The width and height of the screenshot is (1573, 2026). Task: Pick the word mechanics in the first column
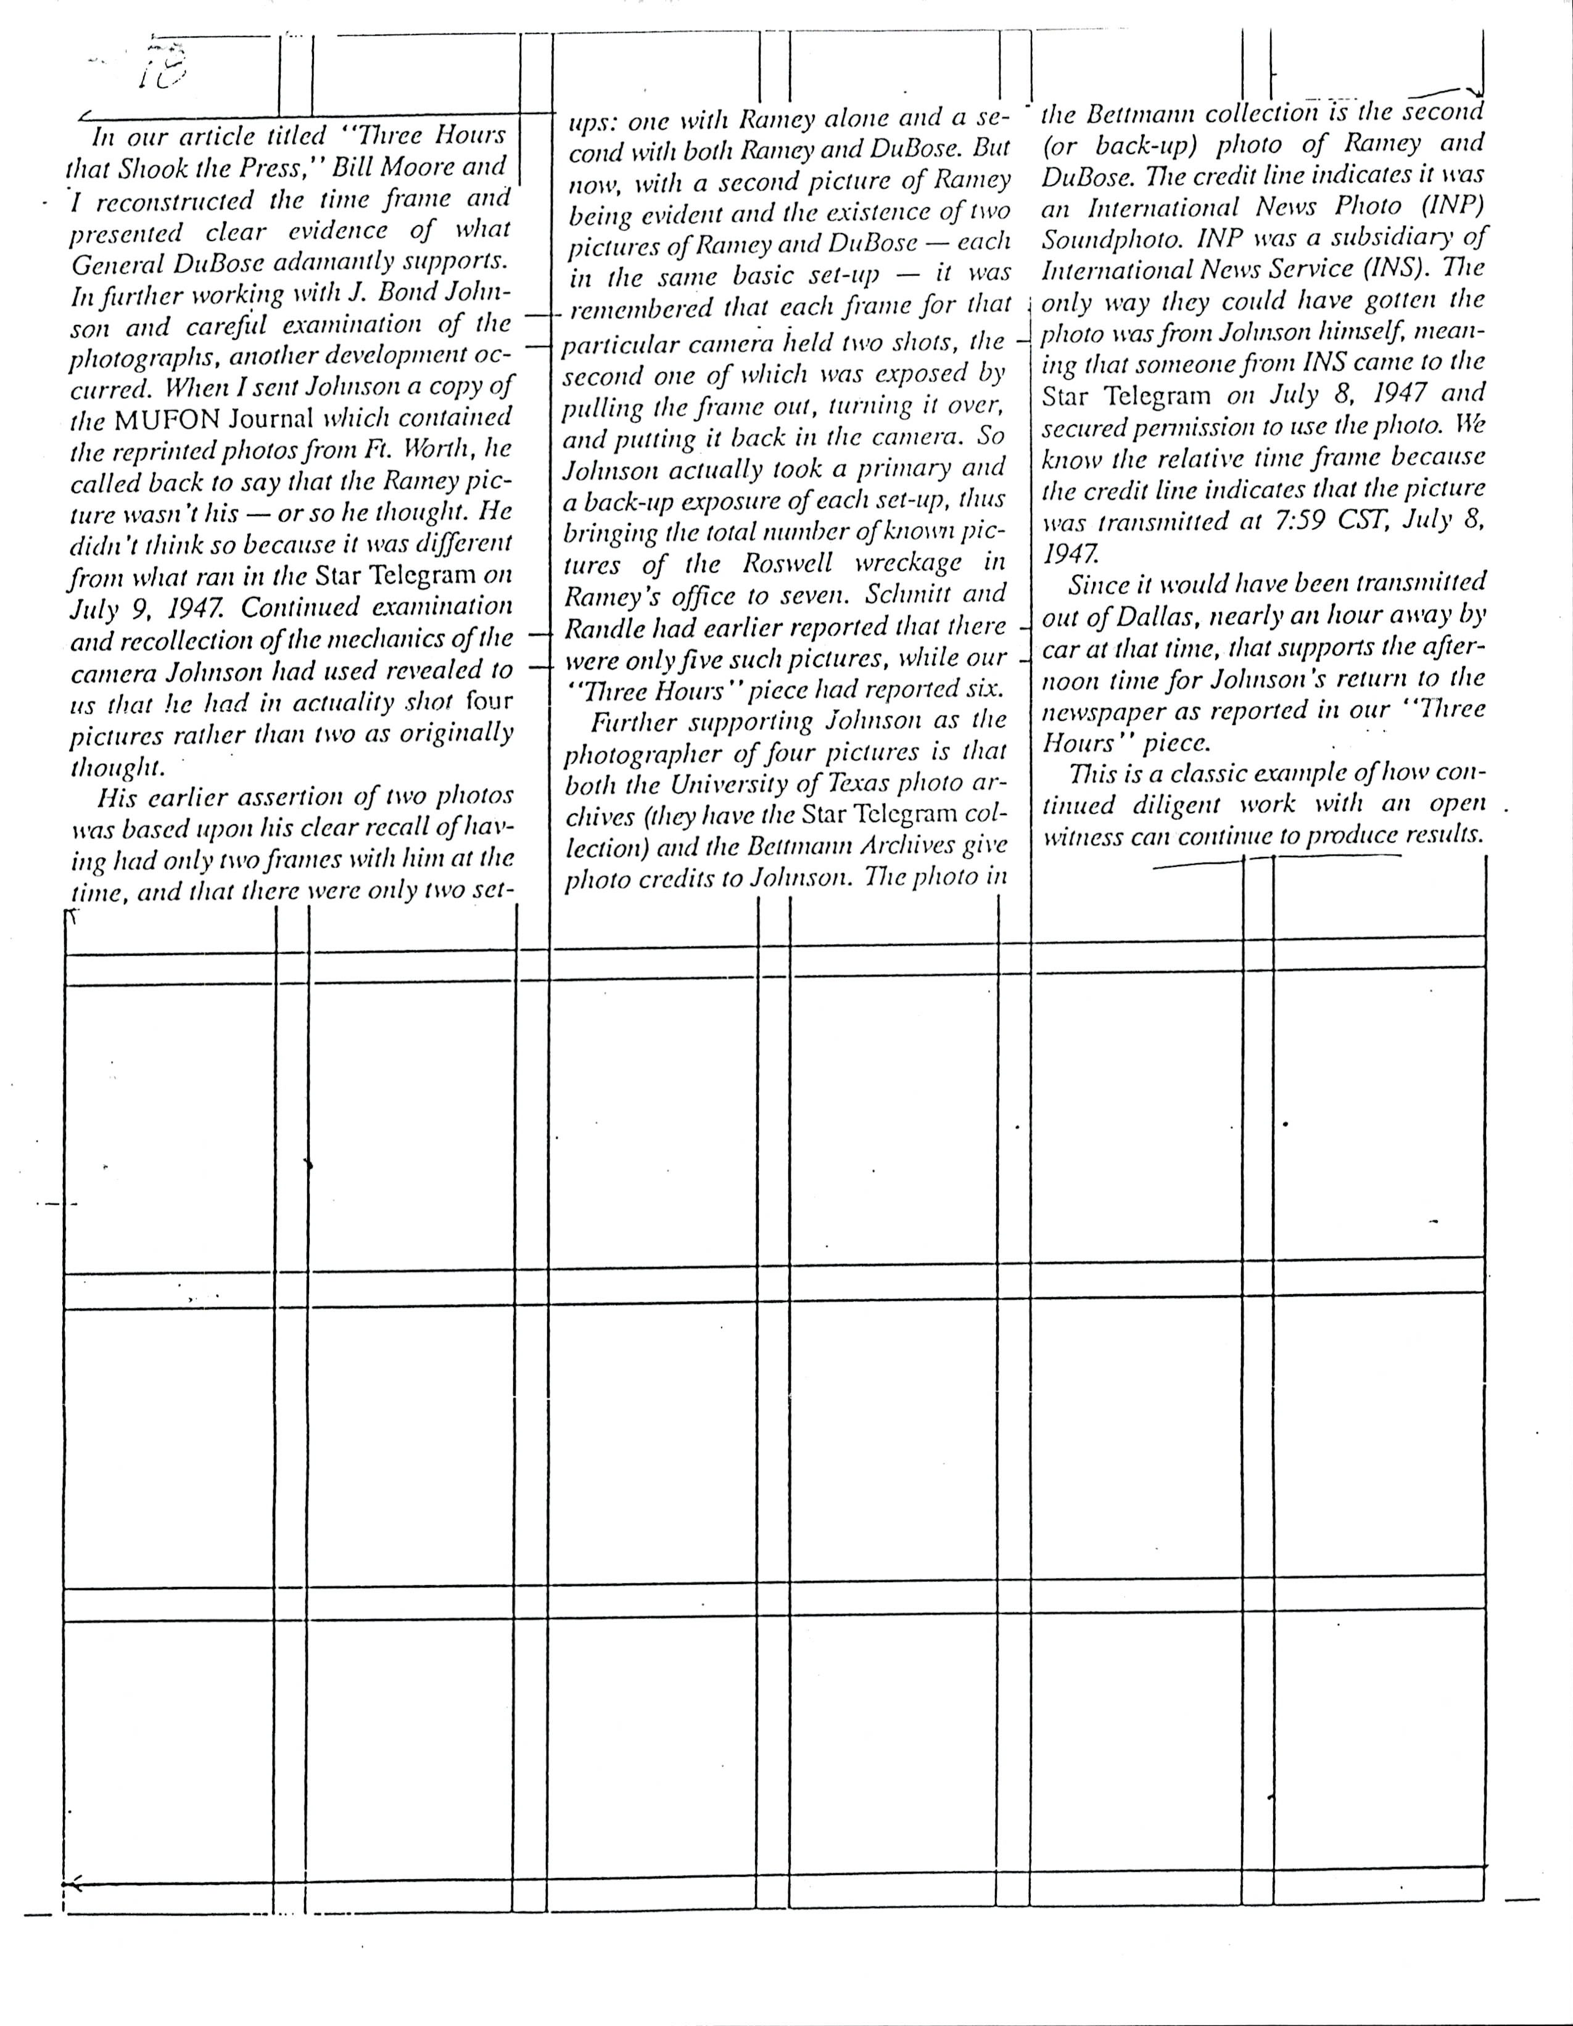pos(412,638)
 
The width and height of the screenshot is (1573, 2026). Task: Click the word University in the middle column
pos(725,785)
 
